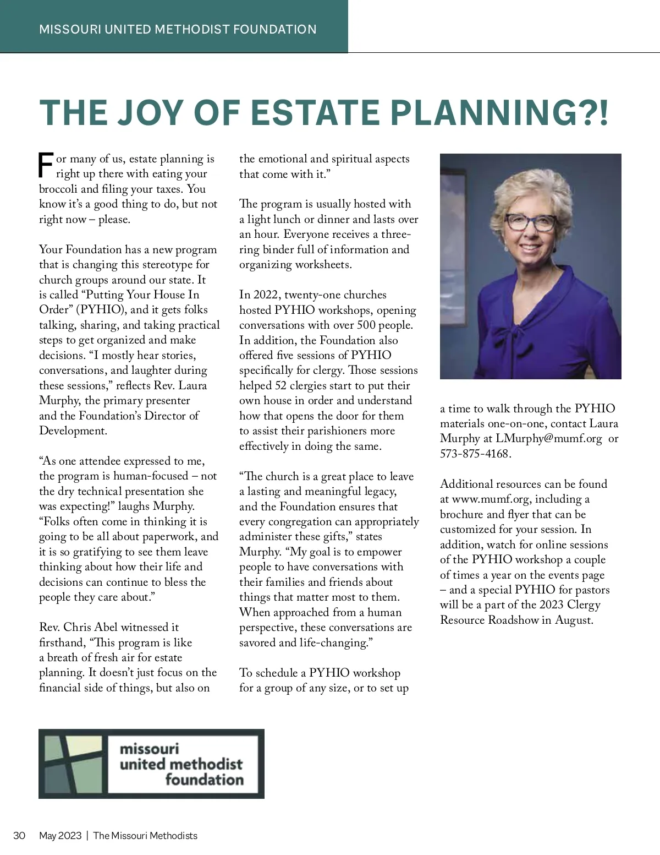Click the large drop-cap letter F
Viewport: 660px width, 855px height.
coord(46,165)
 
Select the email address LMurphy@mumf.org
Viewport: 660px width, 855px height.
coord(548,439)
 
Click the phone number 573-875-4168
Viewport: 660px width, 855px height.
coord(475,454)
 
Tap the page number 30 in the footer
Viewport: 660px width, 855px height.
coord(19,836)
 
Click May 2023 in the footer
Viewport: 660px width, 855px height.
coord(60,836)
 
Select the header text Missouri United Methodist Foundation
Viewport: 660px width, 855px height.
coord(178,29)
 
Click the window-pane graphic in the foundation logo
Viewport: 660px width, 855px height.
coord(73,764)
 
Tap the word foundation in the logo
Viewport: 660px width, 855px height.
coord(204,780)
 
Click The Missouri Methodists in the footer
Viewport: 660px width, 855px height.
coord(145,836)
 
